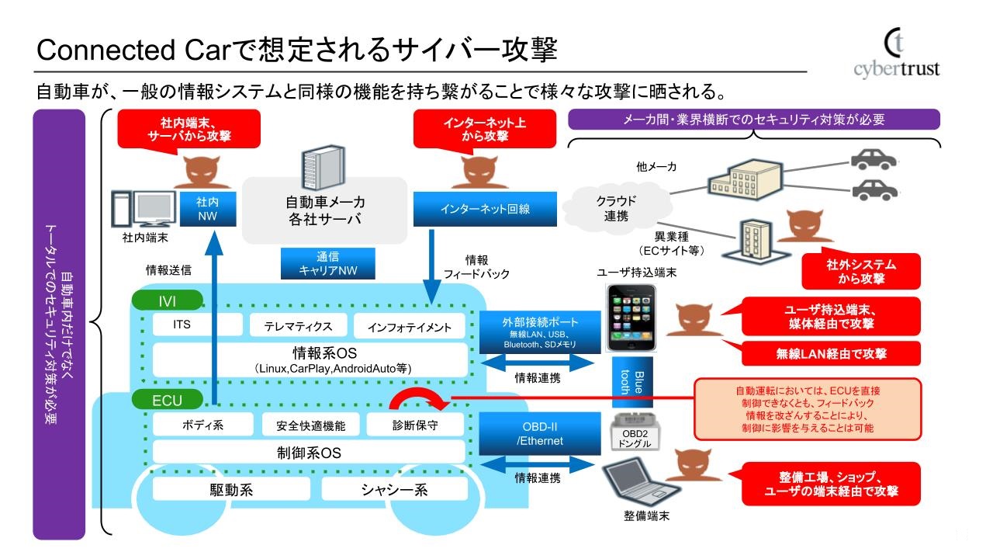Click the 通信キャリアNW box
pyautogui.click(x=327, y=264)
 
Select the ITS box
pyautogui.click(x=182, y=325)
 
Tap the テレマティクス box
pyautogui.click(x=298, y=326)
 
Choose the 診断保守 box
pyautogui.click(x=415, y=425)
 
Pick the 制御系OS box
pyautogui.click(x=310, y=452)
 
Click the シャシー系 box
pyautogui.click(x=395, y=489)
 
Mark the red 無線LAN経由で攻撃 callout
pyautogui.click(x=832, y=353)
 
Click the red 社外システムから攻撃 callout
pyautogui.click(x=861, y=271)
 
